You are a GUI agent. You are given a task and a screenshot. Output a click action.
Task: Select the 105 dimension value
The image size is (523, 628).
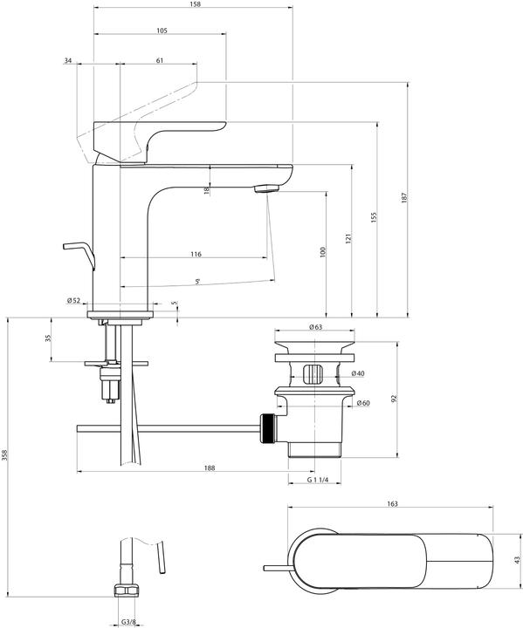(162, 31)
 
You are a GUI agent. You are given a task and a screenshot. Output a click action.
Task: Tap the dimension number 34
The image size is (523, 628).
(68, 60)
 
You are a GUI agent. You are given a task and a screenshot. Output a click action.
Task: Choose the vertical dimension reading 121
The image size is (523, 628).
(348, 238)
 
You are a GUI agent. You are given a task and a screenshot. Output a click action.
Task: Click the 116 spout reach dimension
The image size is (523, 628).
(195, 254)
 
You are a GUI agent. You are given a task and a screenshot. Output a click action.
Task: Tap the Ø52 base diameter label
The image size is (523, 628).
(73, 301)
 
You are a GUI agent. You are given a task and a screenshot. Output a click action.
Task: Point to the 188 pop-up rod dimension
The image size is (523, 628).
(210, 468)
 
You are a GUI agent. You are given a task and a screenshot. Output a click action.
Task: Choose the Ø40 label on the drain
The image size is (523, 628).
(357, 373)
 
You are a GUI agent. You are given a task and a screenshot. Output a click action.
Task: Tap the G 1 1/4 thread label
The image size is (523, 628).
(318, 481)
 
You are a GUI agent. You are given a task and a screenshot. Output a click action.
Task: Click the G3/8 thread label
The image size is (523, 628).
(127, 623)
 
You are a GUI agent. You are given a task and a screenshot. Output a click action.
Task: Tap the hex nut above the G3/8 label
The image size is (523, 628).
(127, 593)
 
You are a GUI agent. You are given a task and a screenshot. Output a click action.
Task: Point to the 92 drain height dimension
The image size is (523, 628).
(395, 399)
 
